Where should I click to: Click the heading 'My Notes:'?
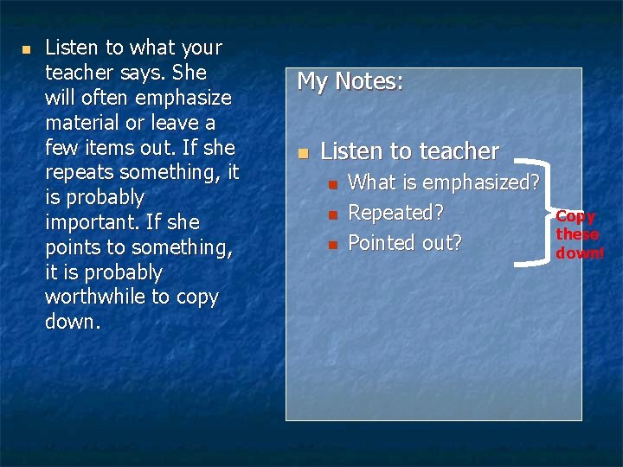350,82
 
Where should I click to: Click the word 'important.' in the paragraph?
93,222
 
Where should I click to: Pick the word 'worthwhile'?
94,297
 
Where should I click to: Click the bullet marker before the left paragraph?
26,49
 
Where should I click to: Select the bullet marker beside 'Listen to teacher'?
302,153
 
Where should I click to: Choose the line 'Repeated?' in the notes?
395,213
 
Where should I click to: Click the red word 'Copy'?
575,217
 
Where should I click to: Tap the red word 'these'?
577,234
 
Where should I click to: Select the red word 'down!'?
580,253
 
